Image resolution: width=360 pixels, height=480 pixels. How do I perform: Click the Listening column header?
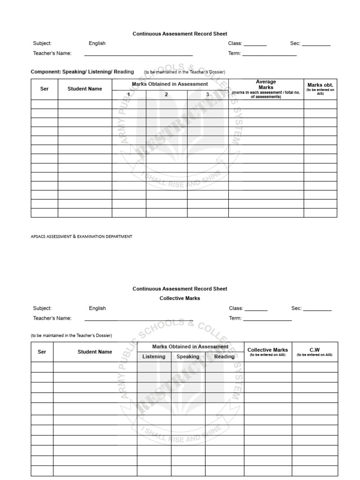[154, 356]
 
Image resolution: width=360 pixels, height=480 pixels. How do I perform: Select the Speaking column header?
[187, 356]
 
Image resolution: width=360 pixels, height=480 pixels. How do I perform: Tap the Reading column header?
[224, 356]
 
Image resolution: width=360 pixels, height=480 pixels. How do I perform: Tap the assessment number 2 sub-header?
[166, 94]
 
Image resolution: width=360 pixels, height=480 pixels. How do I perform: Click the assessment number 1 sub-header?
[129, 94]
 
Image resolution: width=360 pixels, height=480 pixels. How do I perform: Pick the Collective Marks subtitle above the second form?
[180, 298]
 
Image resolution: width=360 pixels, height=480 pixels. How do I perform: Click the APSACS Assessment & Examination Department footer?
[81, 237]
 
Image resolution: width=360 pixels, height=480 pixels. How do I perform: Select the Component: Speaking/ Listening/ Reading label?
[82, 72]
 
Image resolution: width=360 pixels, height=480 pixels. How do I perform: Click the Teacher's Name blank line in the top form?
[138, 55]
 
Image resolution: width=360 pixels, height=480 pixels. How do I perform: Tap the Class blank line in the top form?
[255, 45]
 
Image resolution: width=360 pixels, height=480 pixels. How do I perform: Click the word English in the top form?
[97, 43]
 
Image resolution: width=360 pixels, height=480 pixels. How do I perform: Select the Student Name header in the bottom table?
[95, 352]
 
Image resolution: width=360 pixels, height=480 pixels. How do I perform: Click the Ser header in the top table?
[45, 89]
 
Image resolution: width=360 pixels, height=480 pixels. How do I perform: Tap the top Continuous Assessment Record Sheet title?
[180, 34]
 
